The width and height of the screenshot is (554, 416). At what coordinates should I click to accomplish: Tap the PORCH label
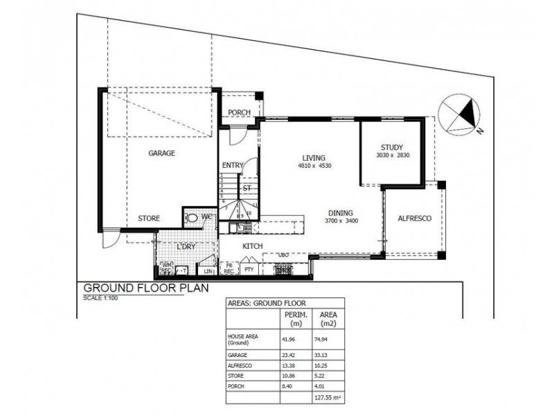(x=239, y=114)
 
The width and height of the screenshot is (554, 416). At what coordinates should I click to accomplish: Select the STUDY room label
(x=391, y=147)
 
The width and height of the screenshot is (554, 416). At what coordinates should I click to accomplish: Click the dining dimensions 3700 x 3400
(x=341, y=221)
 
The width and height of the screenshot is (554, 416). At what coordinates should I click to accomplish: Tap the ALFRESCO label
(x=415, y=218)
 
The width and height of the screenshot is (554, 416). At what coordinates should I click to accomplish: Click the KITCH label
(x=251, y=246)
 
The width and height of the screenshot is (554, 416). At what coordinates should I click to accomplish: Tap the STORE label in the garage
(x=148, y=218)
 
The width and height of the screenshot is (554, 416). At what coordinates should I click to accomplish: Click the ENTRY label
(x=233, y=165)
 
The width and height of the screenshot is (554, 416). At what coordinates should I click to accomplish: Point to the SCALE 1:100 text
(x=101, y=298)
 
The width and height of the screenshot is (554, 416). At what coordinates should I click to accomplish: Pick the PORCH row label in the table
(x=237, y=388)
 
